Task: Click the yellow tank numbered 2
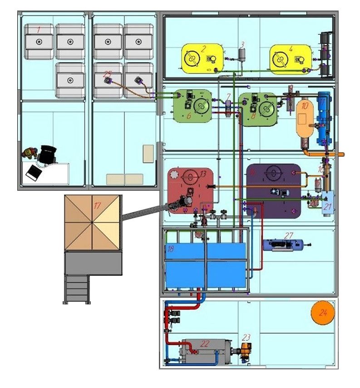(202, 58)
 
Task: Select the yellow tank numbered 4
(291, 58)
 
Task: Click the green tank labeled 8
(258, 108)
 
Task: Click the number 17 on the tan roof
(97, 205)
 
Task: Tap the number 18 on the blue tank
(171, 249)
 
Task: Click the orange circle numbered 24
(323, 313)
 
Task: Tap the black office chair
(48, 154)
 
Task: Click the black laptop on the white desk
(35, 172)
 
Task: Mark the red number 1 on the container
(39, 30)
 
